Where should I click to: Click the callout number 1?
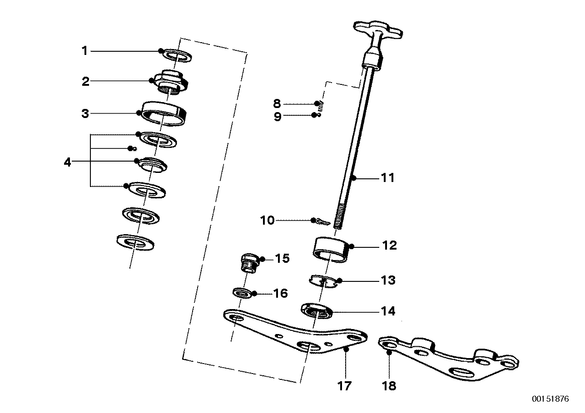(x=84, y=51)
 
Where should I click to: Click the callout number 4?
(x=68, y=162)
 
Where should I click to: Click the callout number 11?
(x=387, y=178)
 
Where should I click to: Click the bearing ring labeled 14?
(x=317, y=312)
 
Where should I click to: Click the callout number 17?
(x=345, y=386)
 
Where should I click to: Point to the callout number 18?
(x=389, y=386)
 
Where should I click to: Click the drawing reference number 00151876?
(x=550, y=399)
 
